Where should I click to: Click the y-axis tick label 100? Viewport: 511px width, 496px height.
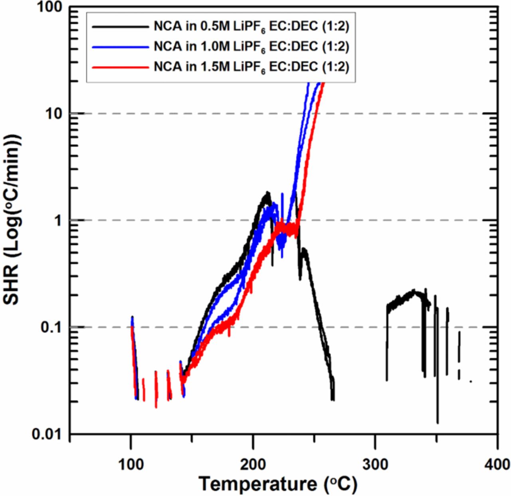click(50, 7)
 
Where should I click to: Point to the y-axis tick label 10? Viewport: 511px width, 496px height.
click(54, 114)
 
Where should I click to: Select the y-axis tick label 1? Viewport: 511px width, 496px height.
click(59, 220)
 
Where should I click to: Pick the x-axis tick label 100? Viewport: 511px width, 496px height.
click(131, 464)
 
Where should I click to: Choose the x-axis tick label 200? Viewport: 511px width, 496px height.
click(253, 464)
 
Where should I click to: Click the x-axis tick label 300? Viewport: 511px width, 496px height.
click(375, 464)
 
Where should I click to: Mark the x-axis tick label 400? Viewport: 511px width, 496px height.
click(497, 464)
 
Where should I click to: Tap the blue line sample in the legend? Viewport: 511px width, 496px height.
click(120, 47)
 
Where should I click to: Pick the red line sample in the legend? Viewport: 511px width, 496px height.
click(120, 67)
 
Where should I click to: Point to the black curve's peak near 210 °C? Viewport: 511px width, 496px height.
click(267, 193)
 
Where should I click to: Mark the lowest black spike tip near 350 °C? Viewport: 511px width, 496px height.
click(438, 422)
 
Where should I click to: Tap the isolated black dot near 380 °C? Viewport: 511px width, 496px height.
click(471, 381)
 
